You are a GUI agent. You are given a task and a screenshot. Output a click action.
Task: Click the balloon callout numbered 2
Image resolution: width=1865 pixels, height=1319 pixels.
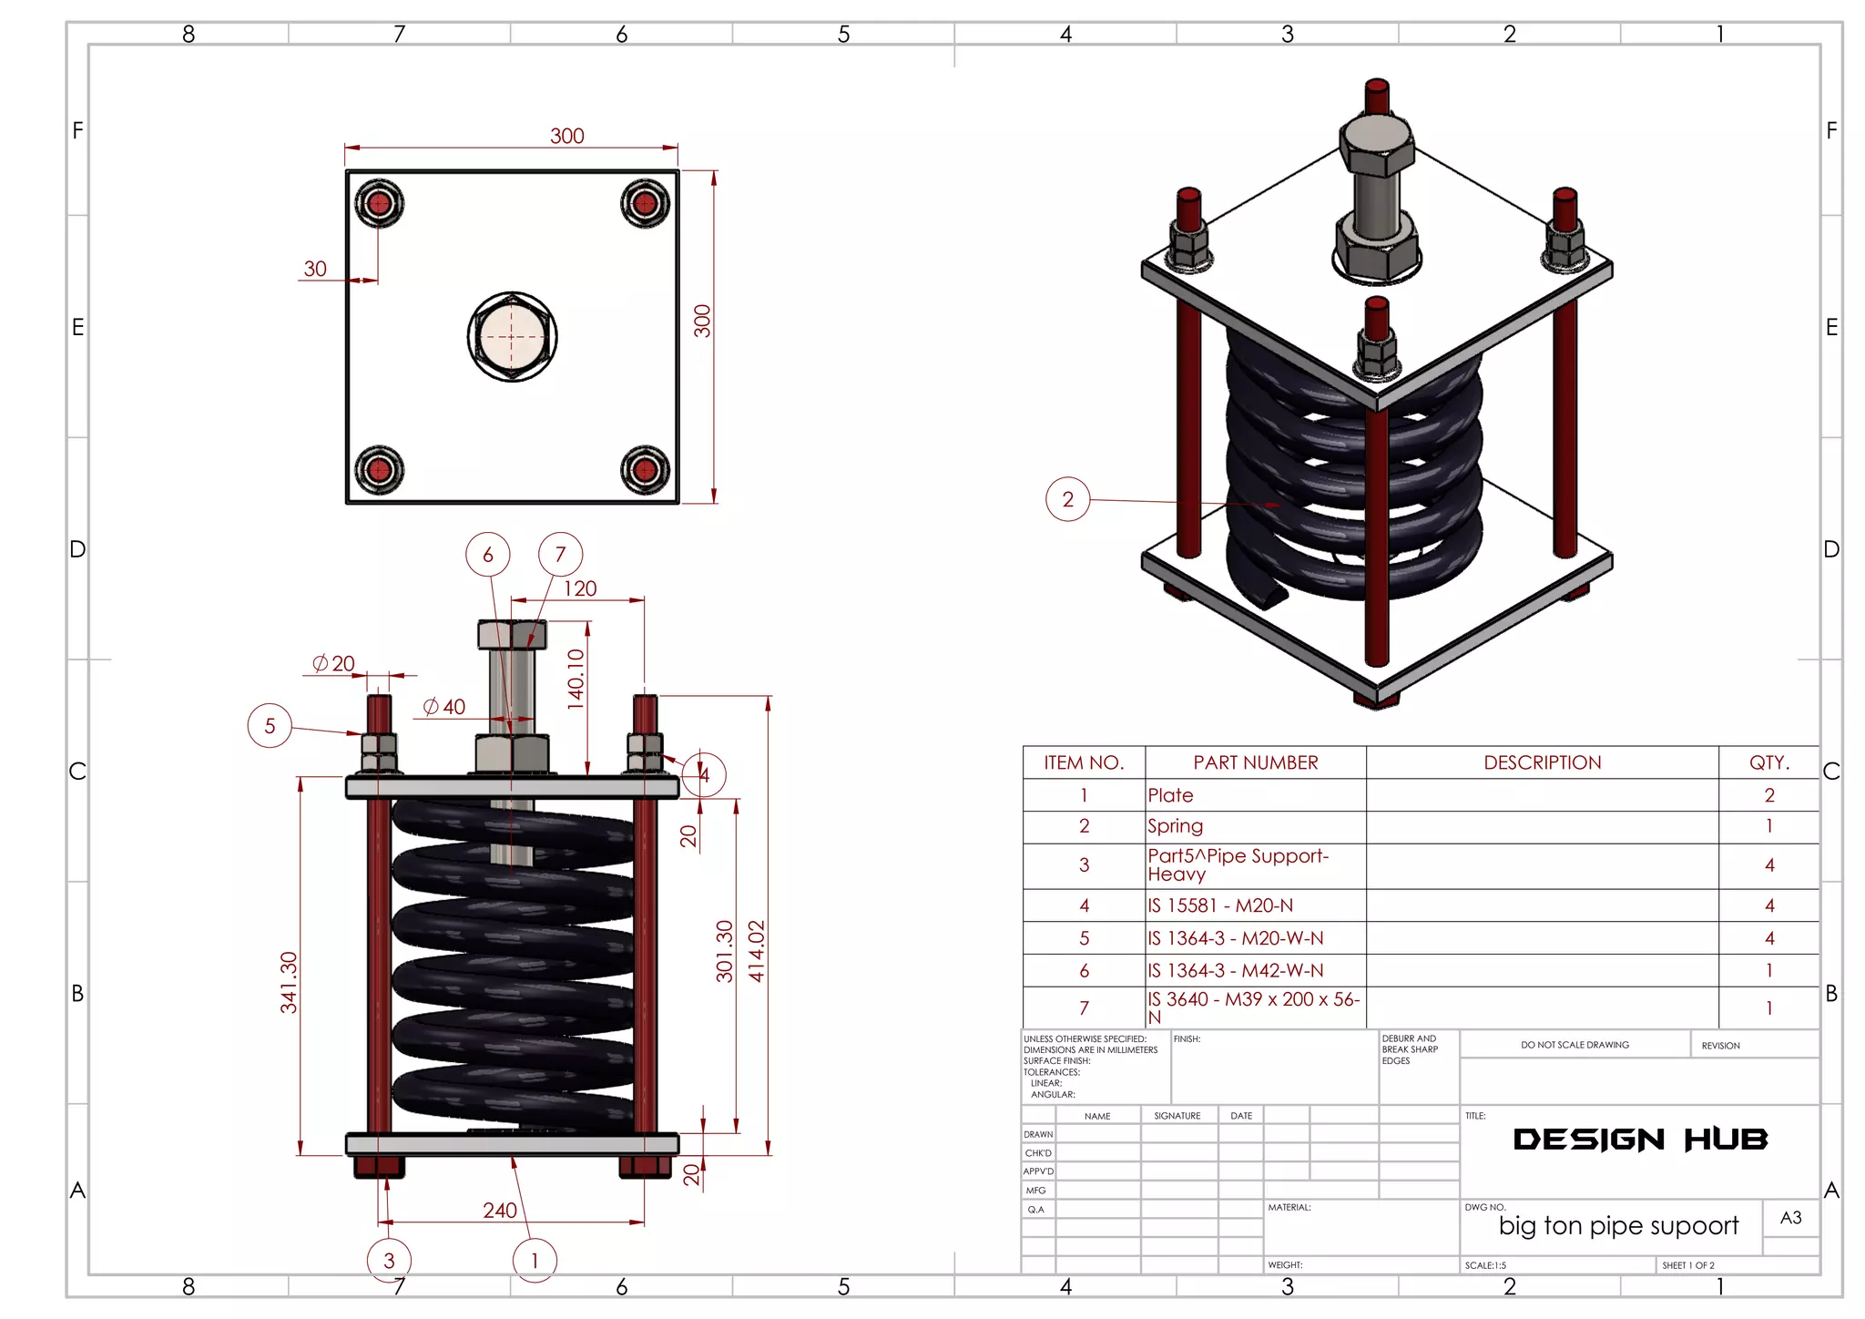point(1067,499)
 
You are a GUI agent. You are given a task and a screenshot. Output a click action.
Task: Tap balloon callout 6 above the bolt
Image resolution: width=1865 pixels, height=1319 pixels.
point(487,554)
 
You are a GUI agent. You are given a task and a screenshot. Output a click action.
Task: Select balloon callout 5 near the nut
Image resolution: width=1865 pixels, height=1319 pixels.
point(270,726)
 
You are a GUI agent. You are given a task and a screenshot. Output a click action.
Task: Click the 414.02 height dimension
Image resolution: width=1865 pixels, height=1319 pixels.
point(757,951)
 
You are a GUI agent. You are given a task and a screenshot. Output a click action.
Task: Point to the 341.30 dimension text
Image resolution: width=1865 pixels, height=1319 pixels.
point(289,982)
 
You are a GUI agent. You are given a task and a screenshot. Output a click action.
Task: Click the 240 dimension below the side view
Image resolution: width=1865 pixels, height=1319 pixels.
point(499,1210)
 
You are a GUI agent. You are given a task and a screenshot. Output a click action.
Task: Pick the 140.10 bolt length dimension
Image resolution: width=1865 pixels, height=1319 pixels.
point(576,679)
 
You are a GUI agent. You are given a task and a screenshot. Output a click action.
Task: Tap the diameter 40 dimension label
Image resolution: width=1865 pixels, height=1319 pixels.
point(444,707)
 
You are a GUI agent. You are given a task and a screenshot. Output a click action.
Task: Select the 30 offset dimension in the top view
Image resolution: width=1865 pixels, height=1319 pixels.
point(315,269)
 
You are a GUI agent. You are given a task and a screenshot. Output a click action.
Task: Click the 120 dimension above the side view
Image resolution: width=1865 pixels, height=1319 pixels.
point(580,588)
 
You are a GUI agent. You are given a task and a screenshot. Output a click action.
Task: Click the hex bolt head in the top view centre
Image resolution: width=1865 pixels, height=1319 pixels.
point(512,336)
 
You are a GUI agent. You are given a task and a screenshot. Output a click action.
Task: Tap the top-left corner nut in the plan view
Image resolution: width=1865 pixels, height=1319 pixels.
point(379,202)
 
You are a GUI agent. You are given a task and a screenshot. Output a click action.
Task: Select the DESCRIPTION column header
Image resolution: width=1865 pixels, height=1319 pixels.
point(1542,762)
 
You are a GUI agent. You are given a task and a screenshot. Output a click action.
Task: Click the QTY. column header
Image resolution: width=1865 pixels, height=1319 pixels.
point(1768,762)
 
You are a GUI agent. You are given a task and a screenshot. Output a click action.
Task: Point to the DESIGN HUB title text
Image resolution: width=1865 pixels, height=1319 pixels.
point(1639,1140)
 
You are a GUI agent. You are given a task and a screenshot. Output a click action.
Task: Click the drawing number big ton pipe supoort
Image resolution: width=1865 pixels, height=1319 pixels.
point(1618,1226)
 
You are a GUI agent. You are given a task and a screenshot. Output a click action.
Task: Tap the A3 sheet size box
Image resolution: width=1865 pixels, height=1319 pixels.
point(1790,1218)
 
